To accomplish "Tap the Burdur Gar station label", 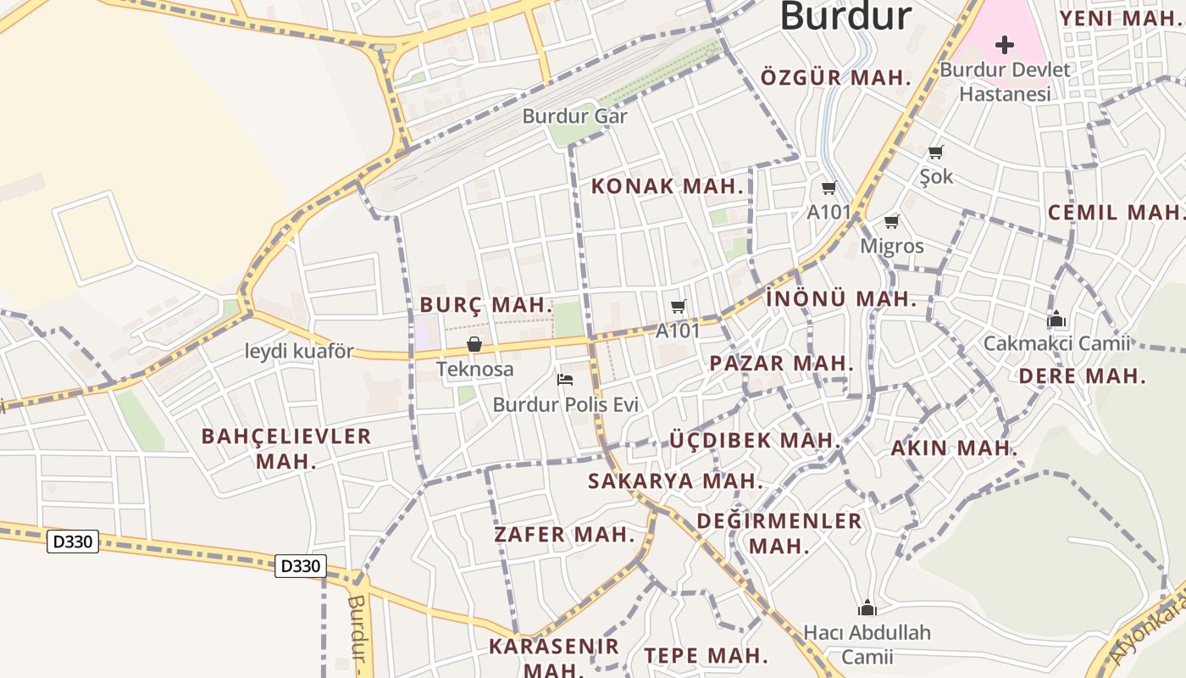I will click(574, 116).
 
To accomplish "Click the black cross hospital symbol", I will click(1005, 44).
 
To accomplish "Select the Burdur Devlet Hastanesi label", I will click(1005, 81).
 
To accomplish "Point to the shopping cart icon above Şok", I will click(935, 153).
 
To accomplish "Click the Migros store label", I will click(891, 246).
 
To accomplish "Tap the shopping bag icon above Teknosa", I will click(474, 344).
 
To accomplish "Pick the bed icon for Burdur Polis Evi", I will click(565, 379).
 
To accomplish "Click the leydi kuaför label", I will click(299, 351).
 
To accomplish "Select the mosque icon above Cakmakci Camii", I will click(1056, 320).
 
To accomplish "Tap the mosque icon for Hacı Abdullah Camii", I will click(867, 608).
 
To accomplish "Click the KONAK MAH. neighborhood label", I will click(667, 186).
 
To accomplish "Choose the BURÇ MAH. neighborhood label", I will click(486, 305).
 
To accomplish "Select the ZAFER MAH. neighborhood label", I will click(564, 535).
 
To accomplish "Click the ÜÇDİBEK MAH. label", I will click(755, 441).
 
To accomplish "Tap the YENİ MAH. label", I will click(1122, 19).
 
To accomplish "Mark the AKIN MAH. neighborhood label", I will click(953, 448).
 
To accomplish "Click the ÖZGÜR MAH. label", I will click(835, 78).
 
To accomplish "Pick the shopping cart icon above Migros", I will click(891, 222).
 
